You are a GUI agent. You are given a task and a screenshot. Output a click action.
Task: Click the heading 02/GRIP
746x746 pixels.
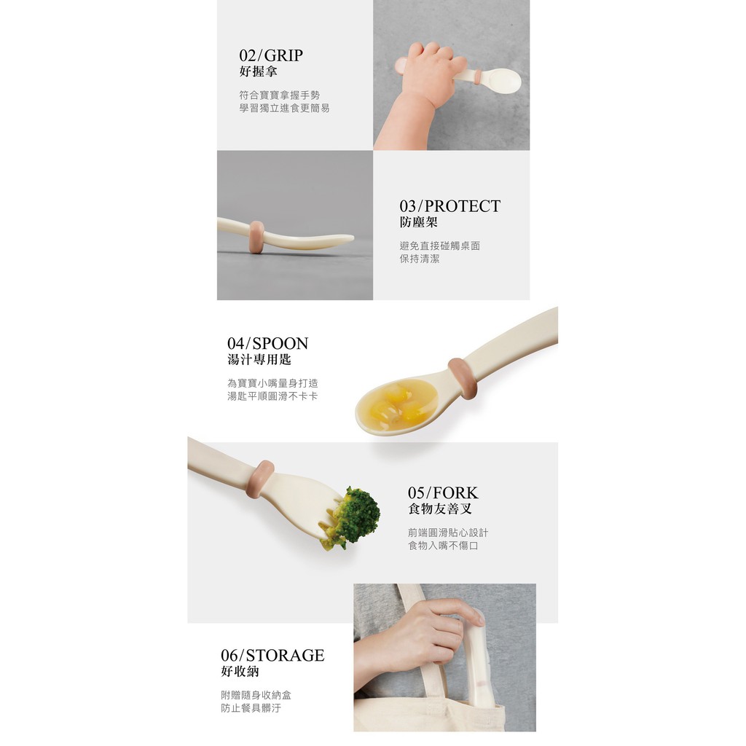271,55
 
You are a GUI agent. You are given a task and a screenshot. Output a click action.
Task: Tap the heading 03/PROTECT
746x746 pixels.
449,206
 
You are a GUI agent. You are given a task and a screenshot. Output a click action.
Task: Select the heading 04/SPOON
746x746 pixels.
267,343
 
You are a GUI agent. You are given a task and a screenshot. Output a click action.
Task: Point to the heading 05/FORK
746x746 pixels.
443,492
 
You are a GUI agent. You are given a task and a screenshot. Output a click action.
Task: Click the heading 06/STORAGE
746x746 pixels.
272,655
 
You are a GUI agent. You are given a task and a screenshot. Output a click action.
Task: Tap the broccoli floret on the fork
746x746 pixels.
351,518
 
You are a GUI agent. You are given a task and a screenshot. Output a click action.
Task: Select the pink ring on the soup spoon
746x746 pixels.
463,379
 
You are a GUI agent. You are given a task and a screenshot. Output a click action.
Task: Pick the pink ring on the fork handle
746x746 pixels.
260,479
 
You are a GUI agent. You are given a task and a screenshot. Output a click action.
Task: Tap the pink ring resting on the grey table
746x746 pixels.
257,237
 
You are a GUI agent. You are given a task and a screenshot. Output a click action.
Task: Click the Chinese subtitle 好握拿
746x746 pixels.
258,72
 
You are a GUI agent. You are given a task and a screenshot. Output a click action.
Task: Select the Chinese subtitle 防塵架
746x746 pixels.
418,222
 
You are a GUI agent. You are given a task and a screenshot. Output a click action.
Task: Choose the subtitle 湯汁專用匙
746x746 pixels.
259,359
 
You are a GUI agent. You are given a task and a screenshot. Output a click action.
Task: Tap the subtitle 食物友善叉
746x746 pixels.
439,509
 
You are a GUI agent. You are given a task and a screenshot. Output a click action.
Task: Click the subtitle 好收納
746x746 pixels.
240,671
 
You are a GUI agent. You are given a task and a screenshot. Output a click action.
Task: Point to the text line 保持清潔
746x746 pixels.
419,259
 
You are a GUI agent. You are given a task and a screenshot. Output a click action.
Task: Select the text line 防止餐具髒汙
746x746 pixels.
251,708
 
